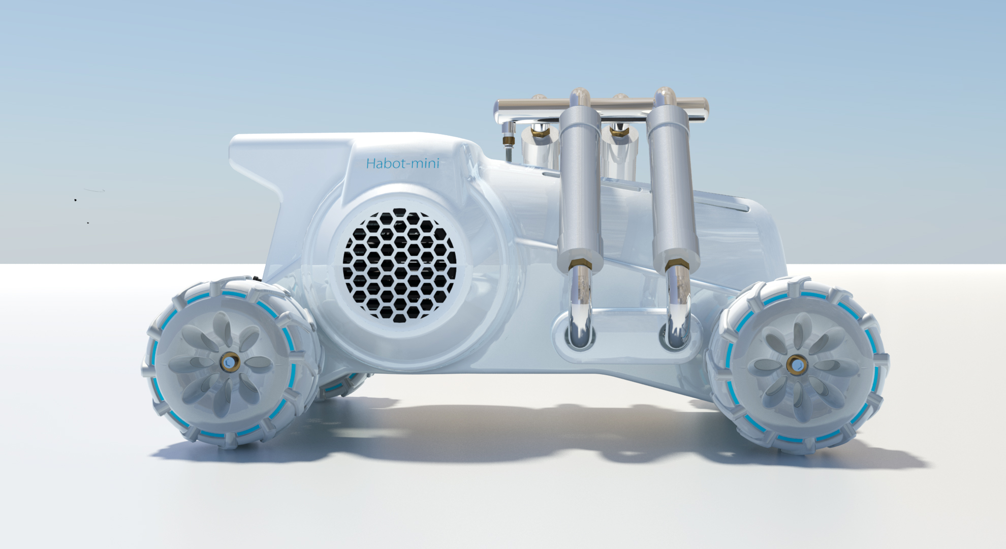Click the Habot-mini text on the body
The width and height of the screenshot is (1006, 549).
coord(402,163)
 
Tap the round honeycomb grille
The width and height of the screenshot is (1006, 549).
coord(400,265)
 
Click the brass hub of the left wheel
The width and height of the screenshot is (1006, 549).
coord(230,362)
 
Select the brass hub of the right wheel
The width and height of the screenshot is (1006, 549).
coord(796,364)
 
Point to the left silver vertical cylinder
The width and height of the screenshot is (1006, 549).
coord(580,191)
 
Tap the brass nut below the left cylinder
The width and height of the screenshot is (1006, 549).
coord(580,265)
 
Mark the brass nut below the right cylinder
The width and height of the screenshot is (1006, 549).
coord(677,265)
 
